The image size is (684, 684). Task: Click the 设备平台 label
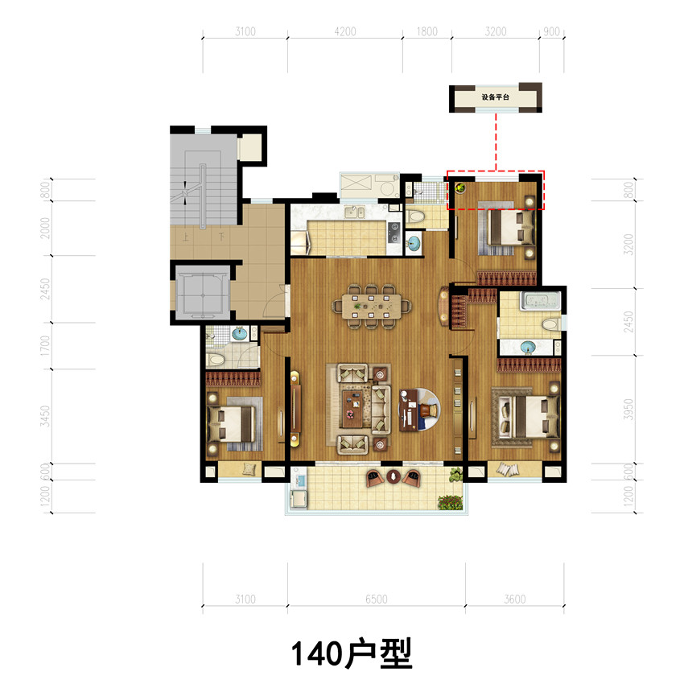[495, 97]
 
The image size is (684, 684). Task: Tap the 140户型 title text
[352, 653]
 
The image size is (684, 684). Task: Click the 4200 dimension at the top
[345, 31]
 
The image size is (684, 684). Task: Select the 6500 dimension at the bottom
[376, 599]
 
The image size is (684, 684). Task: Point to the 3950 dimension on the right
[628, 409]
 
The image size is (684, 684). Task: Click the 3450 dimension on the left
[45, 416]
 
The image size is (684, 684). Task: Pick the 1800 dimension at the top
[426, 31]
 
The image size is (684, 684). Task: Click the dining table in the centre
[371, 304]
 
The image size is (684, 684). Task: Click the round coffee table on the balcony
[393, 476]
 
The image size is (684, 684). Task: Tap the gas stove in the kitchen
[394, 233]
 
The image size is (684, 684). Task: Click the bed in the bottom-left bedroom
[231, 423]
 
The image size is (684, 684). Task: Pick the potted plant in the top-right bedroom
[459, 188]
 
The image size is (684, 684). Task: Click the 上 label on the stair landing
[186, 237]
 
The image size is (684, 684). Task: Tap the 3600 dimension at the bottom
[515, 599]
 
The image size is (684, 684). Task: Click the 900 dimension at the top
[551, 31]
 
